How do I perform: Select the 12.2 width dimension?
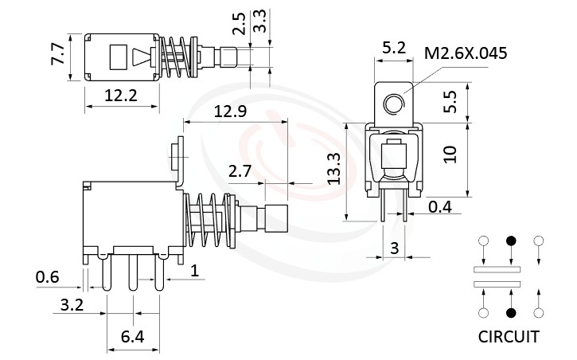tap(121, 96)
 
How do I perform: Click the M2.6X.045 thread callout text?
tap(466, 54)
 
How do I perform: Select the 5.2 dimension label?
tap(395, 48)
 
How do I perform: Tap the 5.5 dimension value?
tap(450, 100)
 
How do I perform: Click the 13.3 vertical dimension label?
tap(335, 169)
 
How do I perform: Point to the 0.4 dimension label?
tap(440, 208)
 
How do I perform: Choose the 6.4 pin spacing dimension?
tap(132, 337)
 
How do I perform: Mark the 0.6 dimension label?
tap(47, 276)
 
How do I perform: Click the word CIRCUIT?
tap(509, 336)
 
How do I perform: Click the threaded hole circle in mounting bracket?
tap(392, 104)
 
